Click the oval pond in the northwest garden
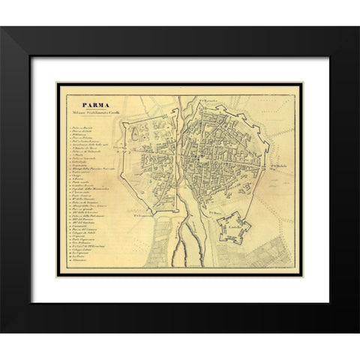(x=142, y=133)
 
